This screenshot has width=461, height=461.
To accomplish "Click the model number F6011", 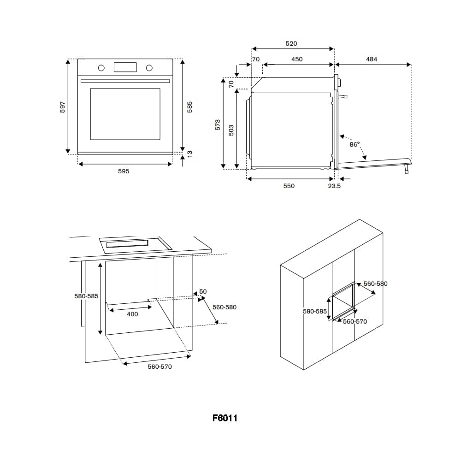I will click(225, 418).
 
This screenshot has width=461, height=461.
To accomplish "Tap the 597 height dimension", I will click(63, 106).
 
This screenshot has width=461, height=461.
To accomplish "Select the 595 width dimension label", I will click(123, 171).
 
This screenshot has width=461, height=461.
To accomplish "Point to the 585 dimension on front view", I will click(189, 106).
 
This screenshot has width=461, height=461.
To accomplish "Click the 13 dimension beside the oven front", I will click(189, 153).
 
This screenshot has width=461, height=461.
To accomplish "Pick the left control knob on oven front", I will click(101, 68).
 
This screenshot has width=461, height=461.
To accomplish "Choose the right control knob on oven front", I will click(149, 68).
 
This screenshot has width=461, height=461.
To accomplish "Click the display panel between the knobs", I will click(125, 67).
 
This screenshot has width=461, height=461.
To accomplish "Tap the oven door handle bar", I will click(125, 81).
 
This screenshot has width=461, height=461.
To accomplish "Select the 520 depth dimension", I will click(291, 44).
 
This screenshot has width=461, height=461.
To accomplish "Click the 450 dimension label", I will click(297, 59).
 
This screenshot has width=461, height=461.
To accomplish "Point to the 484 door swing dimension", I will click(372, 59).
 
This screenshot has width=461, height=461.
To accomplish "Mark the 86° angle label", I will click(355, 144).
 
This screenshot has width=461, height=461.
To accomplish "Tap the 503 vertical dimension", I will click(231, 130).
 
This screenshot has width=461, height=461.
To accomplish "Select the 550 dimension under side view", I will click(289, 186).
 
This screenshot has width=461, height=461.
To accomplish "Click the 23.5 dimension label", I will click(334, 186).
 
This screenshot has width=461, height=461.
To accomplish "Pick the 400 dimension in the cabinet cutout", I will click(132, 314).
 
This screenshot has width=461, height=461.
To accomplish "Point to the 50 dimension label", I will click(203, 292).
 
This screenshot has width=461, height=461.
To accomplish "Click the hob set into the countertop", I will click(135, 244).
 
